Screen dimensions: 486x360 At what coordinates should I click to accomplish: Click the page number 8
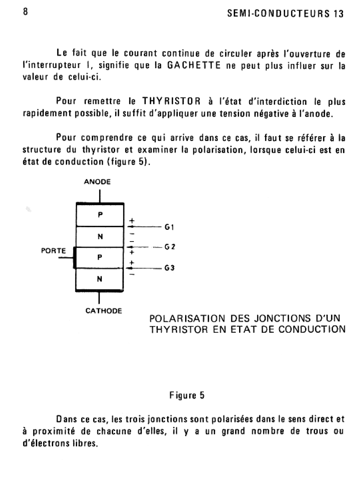click(x=25, y=12)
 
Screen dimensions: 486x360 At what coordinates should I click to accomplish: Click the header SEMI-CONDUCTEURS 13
click(x=285, y=14)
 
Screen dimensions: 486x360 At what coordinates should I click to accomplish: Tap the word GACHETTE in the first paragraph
click(x=193, y=65)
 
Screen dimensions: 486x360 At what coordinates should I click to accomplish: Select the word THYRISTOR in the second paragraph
click(x=171, y=101)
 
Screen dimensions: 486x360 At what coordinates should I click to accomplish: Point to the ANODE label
click(x=97, y=182)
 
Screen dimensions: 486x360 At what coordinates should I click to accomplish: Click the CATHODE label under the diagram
click(x=103, y=311)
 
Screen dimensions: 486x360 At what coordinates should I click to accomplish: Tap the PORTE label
click(x=53, y=251)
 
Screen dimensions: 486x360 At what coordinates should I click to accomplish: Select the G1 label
click(x=169, y=227)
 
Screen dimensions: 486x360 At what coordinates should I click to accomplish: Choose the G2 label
click(x=170, y=247)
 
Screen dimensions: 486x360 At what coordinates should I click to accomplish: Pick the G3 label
click(x=169, y=268)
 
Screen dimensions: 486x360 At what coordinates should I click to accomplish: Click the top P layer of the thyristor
click(x=100, y=215)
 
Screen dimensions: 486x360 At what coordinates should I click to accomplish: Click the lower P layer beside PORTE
click(x=100, y=257)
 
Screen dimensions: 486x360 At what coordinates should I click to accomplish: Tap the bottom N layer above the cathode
click(x=100, y=279)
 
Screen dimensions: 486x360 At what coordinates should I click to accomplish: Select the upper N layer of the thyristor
click(x=100, y=237)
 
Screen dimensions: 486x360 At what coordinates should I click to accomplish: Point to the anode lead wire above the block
click(x=100, y=196)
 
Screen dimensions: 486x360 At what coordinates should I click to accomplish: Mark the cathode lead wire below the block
click(x=99, y=298)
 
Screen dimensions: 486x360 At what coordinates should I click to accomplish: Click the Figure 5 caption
click(x=187, y=395)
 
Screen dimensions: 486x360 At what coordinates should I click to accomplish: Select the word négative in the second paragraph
click(x=271, y=114)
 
